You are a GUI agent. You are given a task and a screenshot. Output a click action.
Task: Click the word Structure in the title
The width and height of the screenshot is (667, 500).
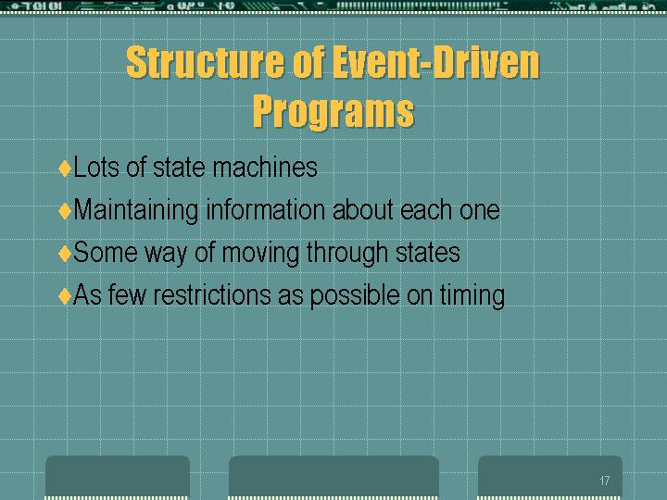click(x=205, y=63)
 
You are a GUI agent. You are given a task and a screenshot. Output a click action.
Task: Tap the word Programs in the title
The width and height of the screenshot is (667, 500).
click(x=333, y=111)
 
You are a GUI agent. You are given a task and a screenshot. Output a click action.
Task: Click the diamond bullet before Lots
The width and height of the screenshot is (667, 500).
click(x=65, y=168)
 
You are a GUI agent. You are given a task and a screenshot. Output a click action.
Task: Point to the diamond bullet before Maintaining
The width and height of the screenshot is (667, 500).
click(x=65, y=211)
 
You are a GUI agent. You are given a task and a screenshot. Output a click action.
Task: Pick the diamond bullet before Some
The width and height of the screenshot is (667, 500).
click(x=65, y=254)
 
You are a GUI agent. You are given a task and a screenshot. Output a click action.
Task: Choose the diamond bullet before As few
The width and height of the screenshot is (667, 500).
click(x=65, y=296)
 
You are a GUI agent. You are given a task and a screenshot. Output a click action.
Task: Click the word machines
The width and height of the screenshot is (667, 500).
click(x=265, y=167)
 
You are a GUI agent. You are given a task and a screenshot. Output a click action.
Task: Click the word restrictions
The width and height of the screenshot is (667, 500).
click(x=212, y=295)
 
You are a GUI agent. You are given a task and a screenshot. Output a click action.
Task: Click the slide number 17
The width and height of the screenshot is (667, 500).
click(x=604, y=481)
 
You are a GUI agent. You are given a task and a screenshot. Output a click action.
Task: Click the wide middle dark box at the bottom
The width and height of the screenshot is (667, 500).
click(x=333, y=477)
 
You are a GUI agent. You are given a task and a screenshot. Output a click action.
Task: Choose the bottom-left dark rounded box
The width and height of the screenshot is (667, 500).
click(x=118, y=477)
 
